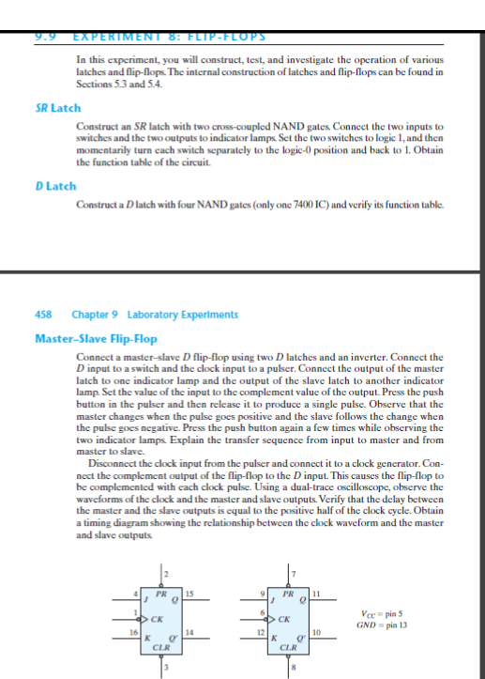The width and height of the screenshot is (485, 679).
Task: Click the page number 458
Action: [42, 315]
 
